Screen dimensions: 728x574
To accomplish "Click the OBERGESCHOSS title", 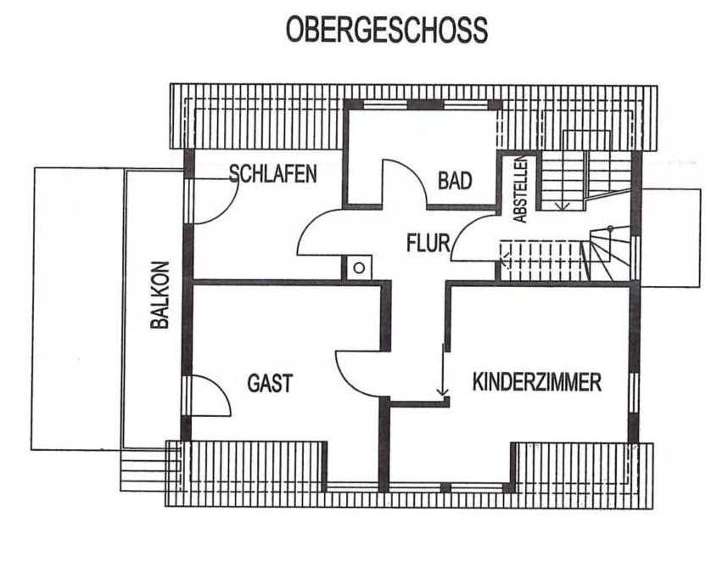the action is pos(386,29).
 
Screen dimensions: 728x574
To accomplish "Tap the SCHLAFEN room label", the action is pos(273,174).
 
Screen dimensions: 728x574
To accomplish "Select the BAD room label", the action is pos(455,180).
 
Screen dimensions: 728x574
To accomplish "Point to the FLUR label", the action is pos(428,243).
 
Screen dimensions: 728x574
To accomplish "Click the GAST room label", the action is pos(270,384).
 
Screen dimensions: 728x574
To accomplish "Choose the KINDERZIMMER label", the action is pos(537,382).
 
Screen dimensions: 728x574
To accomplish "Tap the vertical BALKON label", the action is pos(160,295).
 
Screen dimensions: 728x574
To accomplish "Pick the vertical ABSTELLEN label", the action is pos(521,189).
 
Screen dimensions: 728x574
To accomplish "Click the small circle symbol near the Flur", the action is pos(358,268).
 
